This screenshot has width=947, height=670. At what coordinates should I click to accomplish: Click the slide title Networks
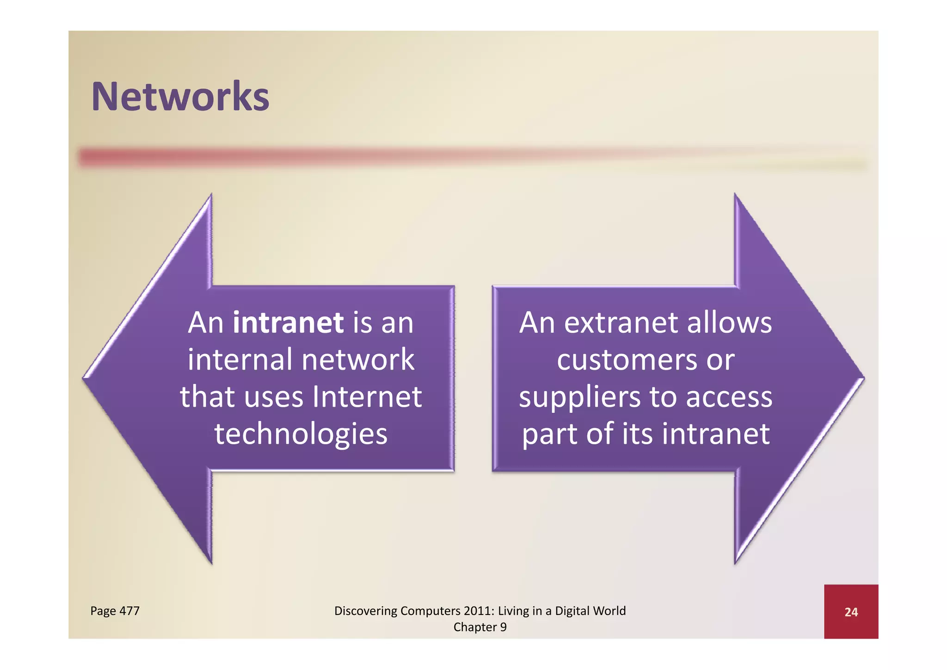[x=180, y=97]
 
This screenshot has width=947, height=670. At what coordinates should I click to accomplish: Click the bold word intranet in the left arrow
[x=288, y=323]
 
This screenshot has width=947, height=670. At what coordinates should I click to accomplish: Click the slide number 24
[x=851, y=612]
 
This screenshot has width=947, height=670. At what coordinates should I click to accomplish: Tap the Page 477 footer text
[x=115, y=611]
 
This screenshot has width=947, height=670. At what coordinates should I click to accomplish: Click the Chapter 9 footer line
[x=480, y=627]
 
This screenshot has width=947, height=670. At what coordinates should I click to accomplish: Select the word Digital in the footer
[x=572, y=611]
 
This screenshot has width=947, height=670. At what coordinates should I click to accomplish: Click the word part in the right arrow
[x=550, y=435]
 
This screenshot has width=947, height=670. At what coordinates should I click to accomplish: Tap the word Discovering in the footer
[x=365, y=611]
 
